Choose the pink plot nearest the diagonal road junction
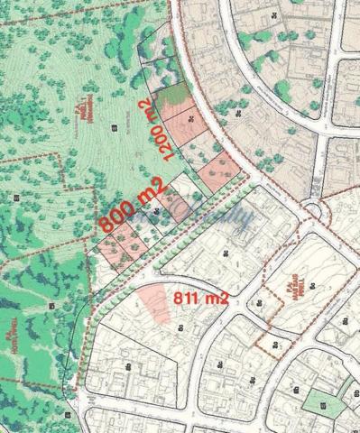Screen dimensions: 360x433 [217, 171]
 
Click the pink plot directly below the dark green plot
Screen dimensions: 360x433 [181, 122]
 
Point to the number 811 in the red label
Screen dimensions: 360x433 [186, 297]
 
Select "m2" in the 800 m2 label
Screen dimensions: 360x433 [152, 191]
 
